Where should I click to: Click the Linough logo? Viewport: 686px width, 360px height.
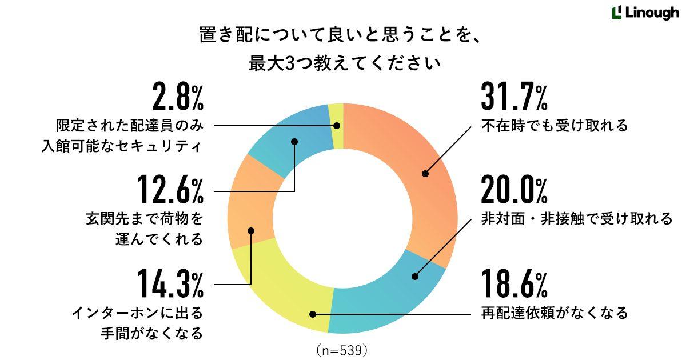coord(645,13)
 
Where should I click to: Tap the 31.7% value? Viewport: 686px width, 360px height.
coord(514,97)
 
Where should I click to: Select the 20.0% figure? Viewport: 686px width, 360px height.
coord(514,190)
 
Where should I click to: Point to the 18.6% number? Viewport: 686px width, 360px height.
coord(514,284)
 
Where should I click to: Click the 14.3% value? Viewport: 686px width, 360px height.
coord(170,284)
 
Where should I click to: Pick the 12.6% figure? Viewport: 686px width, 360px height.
coord(170,190)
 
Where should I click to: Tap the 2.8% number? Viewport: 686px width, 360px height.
coord(178,97)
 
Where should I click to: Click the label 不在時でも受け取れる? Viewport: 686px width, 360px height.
coord(555,126)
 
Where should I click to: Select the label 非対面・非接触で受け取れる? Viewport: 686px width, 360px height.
coord(577,219)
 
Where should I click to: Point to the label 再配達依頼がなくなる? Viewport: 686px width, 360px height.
coord(555,313)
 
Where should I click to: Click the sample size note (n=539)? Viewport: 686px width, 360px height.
coord(342,350)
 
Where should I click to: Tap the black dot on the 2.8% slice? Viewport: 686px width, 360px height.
coord(337,126)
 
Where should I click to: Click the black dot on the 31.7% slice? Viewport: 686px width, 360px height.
coord(425,174)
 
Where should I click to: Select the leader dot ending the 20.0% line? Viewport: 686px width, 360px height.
coord(415,277)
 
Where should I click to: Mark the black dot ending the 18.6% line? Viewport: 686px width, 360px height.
coord(313,314)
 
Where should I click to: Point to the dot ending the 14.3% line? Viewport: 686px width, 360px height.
coord(251,230)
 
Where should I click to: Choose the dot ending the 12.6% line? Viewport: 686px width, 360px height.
coord(294,142)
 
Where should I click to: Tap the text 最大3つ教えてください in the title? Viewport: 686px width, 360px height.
coord(345,63)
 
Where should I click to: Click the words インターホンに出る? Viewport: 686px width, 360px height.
coord(137,313)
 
